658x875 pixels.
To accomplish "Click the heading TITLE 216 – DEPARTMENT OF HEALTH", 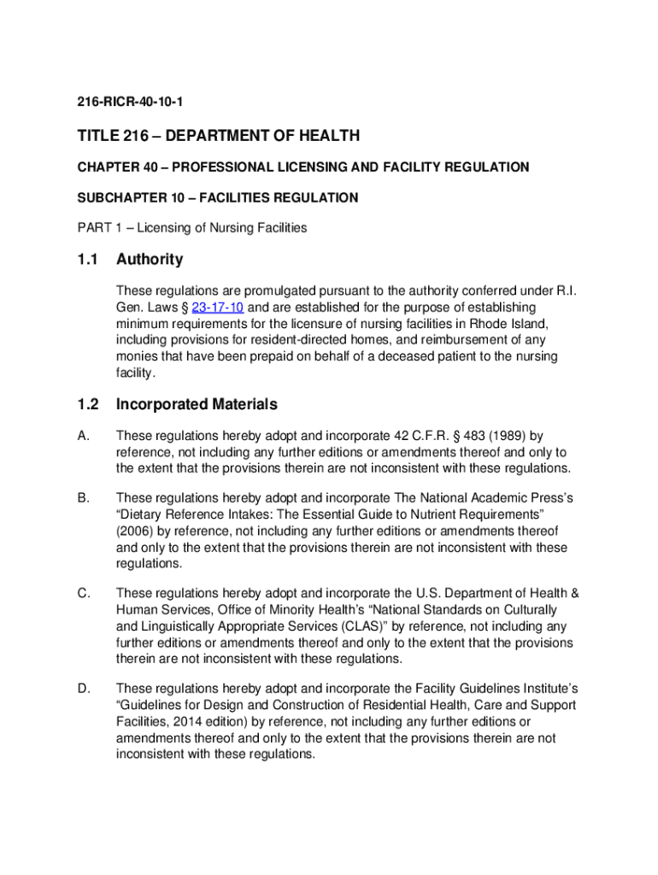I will coord(218,136).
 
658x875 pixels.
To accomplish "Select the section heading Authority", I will coord(150,259).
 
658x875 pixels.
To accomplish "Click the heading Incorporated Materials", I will coord(197,404).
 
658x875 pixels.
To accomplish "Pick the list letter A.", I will coord(82,436).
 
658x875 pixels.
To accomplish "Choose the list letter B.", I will coord(82,497).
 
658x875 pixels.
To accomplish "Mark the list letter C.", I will coord(82,593).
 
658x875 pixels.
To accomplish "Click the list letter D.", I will coord(82,689).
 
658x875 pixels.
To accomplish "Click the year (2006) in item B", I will coord(135,531).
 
